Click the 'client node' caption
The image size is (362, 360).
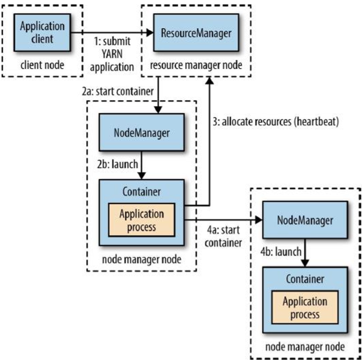pyautogui.click(x=43, y=66)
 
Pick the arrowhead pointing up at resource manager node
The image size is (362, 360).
pyautogui.click(x=211, y=80)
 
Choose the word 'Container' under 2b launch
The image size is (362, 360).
pyautogui.click(x=142, y=191)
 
